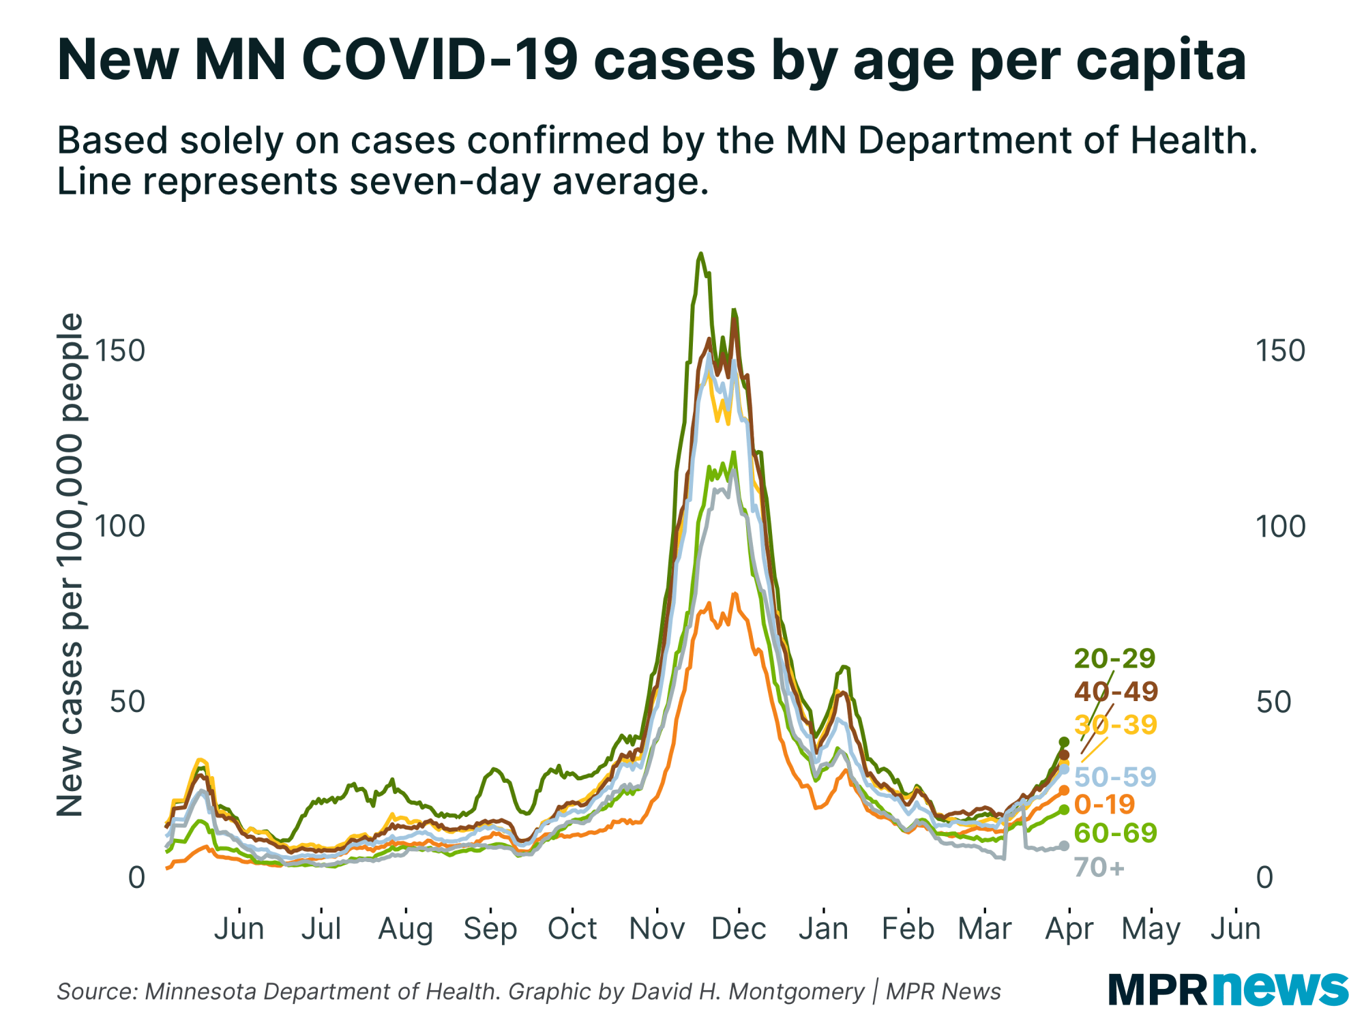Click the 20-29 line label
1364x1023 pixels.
pyautogui.click(x=1114, y=659)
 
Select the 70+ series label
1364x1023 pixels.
pyautogui.click(x=1099, y=868)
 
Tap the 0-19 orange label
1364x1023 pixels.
pyautogui.click(x=1104, y=805)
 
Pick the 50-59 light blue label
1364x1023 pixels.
pyautogui.click(x=1115, y=777)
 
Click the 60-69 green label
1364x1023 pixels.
pyautogui.click(x=1115, y=833)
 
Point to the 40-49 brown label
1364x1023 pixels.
pyautogui.click(x=1116, y=692)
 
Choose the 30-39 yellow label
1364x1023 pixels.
pyautogui.click(x=1116, y=724)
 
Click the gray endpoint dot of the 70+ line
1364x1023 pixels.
pyautogui.click(x=1064, y=846)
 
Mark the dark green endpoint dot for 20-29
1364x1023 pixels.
pyautogui.click(x=1064, y=742)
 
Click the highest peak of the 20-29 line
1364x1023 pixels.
pyautogui.click(x=700, y=254)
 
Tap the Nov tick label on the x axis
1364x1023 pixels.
pyautogui.click(x=657, y=929)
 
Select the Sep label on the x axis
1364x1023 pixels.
pyautogui.click(x=490, y=929)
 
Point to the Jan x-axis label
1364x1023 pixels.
pyautogui.click(x=823, y=929)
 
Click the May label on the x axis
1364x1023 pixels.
pyautogui.click(x=1151, y=929)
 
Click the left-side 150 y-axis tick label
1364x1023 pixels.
pyautogui.click(x=120, y=351)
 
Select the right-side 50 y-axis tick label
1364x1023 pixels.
pyautogui.click(x=1273, y=702)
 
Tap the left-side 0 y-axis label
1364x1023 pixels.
pyautogui.click(x=136, y=878)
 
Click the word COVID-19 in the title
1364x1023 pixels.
pyautogui.click(x=440, y=60)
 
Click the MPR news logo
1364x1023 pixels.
pyautogui.click(x=1228, y=989)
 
